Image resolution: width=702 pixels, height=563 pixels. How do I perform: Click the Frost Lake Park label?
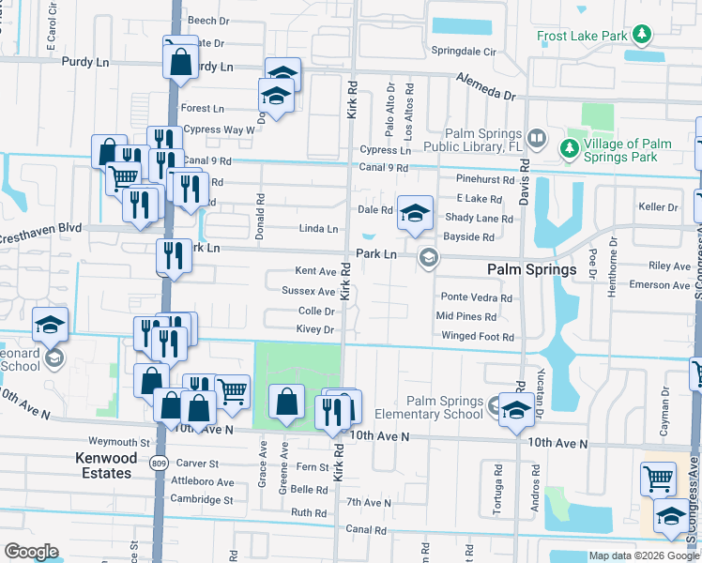pyautogui.click(x=581, y=37)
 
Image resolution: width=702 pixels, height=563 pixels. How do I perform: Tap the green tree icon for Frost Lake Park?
pyautogui.click(x=642, y=36)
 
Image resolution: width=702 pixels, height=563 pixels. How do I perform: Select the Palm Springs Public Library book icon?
pyautogui.click(x=536, y=139)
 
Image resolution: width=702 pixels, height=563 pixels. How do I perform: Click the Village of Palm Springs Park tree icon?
pyautogui.click(x=569, y=148)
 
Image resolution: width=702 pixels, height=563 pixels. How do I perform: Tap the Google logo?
pyautogui.click(x=31, y=552)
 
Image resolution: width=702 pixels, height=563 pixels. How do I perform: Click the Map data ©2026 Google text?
pyautogui.click(x=643, y=555)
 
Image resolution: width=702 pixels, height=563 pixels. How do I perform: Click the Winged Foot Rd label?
pyautogui.click(x=476, y=337)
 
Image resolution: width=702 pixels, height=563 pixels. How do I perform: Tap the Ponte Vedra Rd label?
pyautogui.click(x=477, y=297)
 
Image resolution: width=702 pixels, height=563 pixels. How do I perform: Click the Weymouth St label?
pyautogui.click(x=119, y=442)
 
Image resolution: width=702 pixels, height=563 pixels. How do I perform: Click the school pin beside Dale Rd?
pyautogui.click(x=414, y=213)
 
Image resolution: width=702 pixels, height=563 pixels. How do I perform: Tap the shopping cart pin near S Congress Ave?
pyautogui.click(x=658, y=479)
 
